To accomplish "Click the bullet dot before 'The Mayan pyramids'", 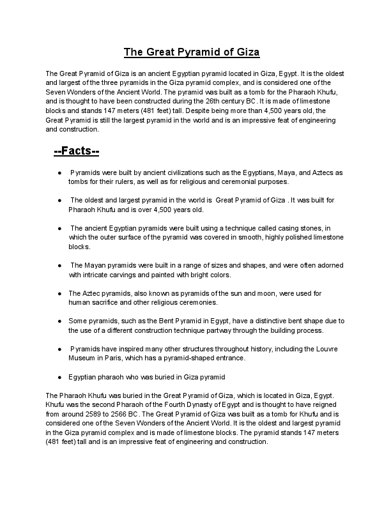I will pos(59,266).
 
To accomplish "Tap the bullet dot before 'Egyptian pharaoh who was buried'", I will pos(59,377).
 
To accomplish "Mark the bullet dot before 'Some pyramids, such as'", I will pos(59,321).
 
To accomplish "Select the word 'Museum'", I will pos(82,358).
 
